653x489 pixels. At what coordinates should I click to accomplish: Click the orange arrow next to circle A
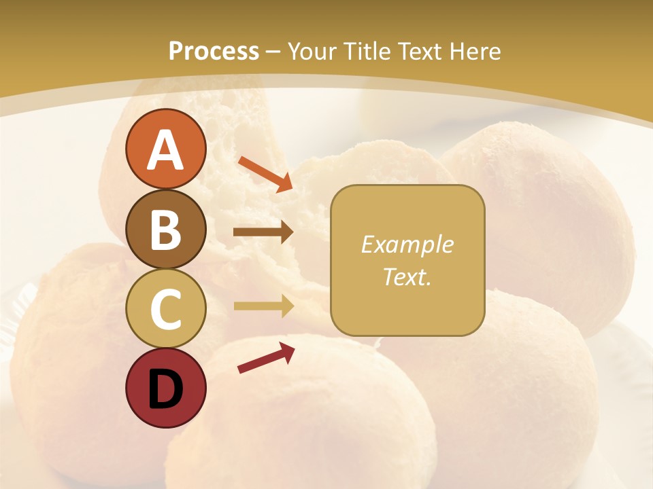point(265,173)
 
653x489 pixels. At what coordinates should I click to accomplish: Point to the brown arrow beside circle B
point(263,232)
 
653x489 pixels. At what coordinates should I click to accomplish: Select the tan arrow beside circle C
point(263,306)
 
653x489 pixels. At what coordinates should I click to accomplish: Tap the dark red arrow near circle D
point(266,357)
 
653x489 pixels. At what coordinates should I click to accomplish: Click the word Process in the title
point(214,51)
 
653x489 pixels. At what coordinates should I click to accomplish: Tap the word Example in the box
point(407,244)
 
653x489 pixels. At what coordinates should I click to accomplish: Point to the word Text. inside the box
point(407,276)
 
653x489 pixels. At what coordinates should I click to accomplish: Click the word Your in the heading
point(313,51)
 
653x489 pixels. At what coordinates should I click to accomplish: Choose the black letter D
point(165,389)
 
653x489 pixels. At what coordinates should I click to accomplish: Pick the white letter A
point(165,150)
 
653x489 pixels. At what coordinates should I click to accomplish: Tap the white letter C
point(165,309)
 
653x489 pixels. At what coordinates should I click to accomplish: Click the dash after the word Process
point(273,52)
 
